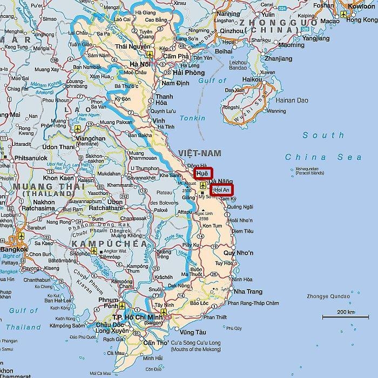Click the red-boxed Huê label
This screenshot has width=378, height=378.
203,173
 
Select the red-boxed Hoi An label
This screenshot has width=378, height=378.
221,190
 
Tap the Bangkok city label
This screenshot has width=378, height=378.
14,249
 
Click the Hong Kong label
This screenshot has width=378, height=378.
361,19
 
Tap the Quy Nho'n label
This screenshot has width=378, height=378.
238,253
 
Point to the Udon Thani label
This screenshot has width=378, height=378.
58,147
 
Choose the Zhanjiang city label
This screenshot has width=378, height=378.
279,58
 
